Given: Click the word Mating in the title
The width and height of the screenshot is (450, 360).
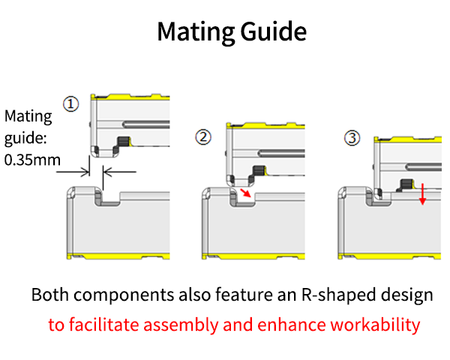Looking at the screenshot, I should [x=193, y=32].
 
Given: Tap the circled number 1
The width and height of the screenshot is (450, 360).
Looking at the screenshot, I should [x=70, y=104].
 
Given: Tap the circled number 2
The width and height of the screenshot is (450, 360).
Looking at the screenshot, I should [x=202, y=137].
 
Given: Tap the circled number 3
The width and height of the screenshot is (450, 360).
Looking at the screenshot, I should [x=352, y=137].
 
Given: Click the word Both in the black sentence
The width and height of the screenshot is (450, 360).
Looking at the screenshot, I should [x=49, y=295].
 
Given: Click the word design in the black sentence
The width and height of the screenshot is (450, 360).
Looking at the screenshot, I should [x=409, y=295].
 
